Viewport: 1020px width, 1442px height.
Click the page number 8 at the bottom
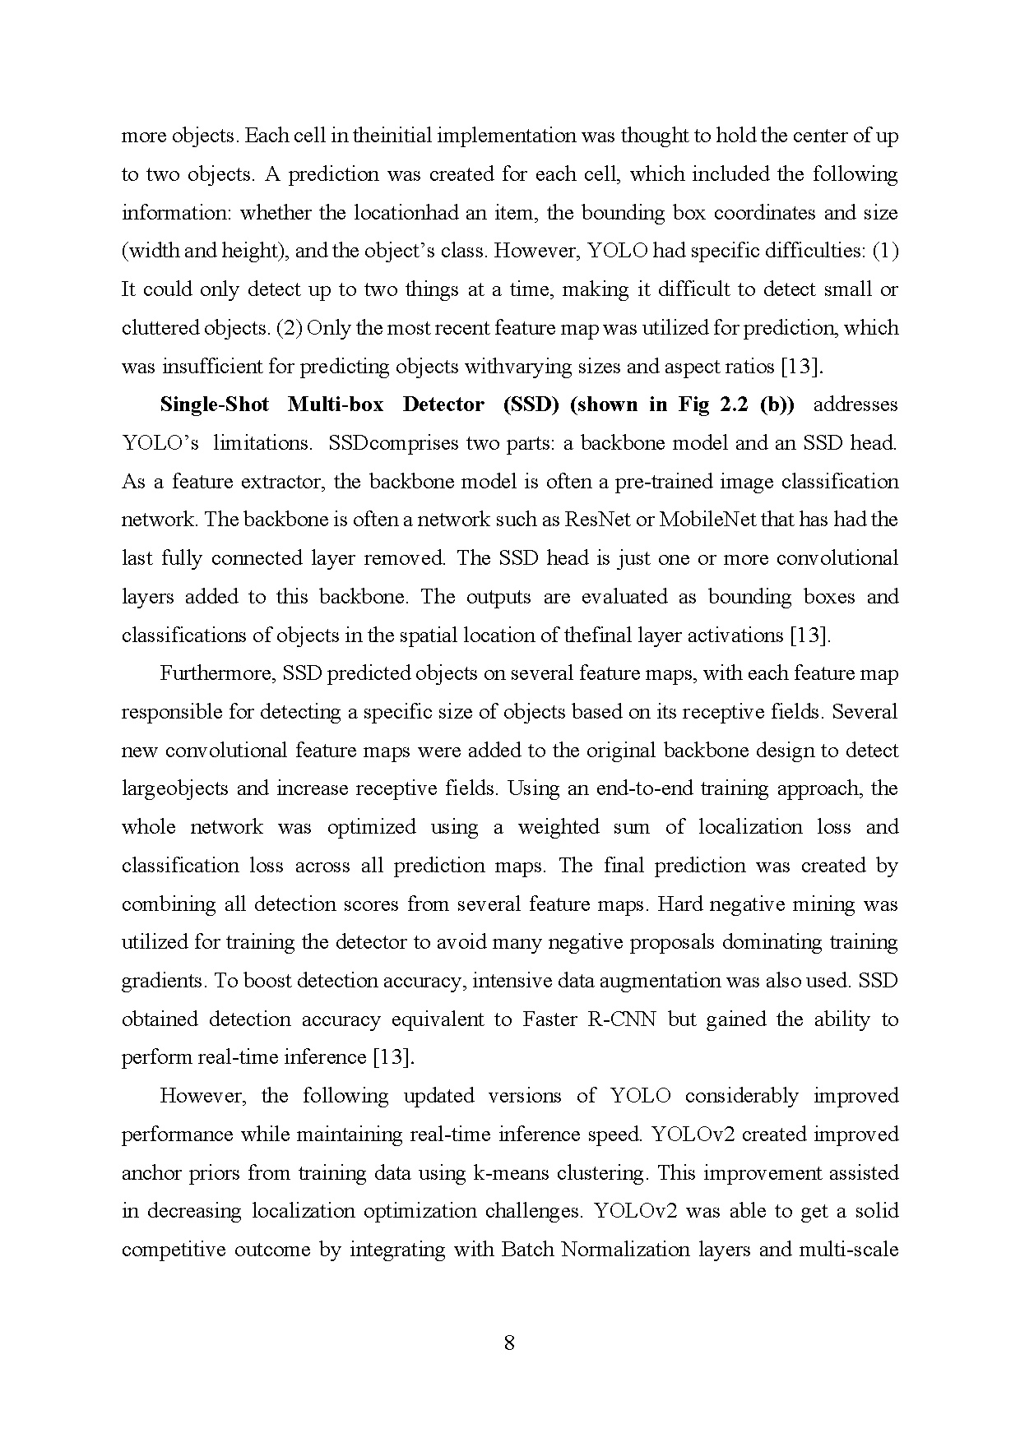pos(509,1343)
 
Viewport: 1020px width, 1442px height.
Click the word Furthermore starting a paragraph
pos(217,673)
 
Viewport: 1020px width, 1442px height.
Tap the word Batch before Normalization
pos(526,1250)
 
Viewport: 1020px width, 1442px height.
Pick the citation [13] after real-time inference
pos(393,1057)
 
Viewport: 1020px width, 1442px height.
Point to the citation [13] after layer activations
pos(809,635)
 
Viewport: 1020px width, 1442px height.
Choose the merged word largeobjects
pos(174,789)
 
